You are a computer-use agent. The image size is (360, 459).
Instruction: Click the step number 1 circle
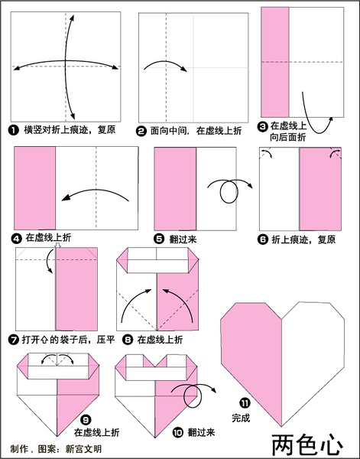pyautogui.click(x=14, y=130)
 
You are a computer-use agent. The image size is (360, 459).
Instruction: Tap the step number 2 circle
pyautogui.click(x=141, y=131)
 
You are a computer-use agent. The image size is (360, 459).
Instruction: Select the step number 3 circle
pyautogui.click(x=263, y=126)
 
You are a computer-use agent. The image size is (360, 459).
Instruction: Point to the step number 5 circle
pyautogui.click(x=159, y=239)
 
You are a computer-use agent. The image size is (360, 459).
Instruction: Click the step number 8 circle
pyautogui.click(x=128, y=340)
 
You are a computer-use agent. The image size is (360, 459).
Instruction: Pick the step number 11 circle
pyautogui.click(x=245, y=403)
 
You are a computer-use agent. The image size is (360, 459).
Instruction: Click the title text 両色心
pyautogui.click(x=307, y=445)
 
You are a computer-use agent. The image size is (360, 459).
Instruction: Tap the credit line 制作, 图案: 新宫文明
pyautogui.click(x=56, y=449)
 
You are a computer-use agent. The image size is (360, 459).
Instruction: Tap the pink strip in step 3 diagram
pyautogui.click(x=275, y=62)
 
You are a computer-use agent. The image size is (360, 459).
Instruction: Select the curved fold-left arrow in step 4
pyautogui.click(x=96, y=190)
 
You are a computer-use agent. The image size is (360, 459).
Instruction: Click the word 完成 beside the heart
pyautogui.click(x=241, y=418)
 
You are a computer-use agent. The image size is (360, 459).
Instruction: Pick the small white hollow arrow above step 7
pyautogui.click(x=57, y=246)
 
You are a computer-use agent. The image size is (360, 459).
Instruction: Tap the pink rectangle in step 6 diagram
pyautogui.click(x=320, y=189)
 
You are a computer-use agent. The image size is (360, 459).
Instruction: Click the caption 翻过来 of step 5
pyautogui.click(x=183, y=239)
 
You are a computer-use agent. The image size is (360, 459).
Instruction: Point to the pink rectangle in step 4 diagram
pyautogui.click(x=35, y=188)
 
